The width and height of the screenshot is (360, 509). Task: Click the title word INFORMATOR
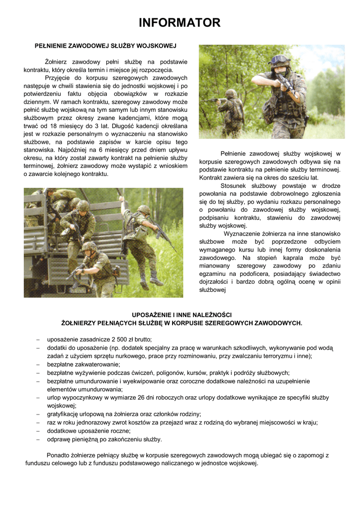[180, 22]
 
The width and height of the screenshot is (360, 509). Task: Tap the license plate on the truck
[78, 290]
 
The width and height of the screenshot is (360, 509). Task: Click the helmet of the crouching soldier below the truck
[90, 246]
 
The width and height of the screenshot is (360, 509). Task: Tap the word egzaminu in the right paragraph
[214, 274]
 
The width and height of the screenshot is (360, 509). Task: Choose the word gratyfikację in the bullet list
[64, 414]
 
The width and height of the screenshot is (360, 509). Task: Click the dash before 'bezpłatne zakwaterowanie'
[38, 364]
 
